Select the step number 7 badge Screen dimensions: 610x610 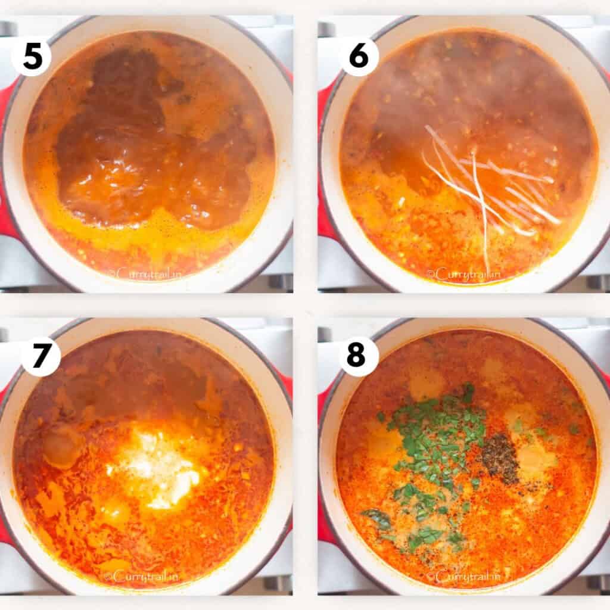pyautogui.click(x=41, y=356)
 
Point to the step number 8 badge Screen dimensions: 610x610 pyautogui.click(x=359, y=356)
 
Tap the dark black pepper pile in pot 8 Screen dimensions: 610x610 pyautogui.click(x=500, y=458)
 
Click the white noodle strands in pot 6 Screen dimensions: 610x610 pyautogui.click(x=485, y=191)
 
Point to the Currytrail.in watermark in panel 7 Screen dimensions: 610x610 pyautogui.click(x=143, y=576)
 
